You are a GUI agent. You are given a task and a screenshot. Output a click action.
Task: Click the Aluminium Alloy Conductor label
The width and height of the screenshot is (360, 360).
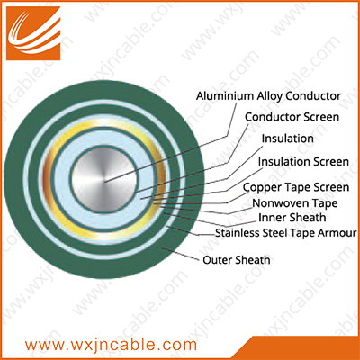268,96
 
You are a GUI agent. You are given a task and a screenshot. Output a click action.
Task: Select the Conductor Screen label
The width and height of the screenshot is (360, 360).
292,117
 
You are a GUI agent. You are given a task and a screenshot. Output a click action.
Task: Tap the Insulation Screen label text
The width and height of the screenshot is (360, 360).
303,162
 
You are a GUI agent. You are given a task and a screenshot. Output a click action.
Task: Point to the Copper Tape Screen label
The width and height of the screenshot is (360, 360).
296,188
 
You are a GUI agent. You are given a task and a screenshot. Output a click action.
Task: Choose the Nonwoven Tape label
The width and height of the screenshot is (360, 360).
295,203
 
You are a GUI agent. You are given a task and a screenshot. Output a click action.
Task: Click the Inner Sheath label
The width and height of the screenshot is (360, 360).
292,218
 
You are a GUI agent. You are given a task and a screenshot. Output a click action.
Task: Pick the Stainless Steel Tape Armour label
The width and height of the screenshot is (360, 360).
286,233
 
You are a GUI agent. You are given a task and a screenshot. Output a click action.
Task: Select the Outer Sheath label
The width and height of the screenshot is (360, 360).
237,260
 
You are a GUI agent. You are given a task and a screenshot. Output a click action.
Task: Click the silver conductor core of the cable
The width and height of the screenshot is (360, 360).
104,179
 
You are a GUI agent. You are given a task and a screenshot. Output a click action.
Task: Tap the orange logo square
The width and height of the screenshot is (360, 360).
33,33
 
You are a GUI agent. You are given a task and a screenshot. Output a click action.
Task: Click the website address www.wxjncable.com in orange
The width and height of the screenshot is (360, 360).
111,345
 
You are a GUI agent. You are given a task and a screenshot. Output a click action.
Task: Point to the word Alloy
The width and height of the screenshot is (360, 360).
269,96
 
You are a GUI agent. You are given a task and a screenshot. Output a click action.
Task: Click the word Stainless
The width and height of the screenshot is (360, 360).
238,233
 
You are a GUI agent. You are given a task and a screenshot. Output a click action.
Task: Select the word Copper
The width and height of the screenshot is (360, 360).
262,188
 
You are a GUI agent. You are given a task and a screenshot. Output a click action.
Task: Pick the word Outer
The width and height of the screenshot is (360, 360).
218,260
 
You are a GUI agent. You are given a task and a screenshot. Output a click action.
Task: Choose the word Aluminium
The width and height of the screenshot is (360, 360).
225,96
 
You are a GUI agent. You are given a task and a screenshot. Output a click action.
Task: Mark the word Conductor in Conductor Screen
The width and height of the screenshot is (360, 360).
273,117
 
